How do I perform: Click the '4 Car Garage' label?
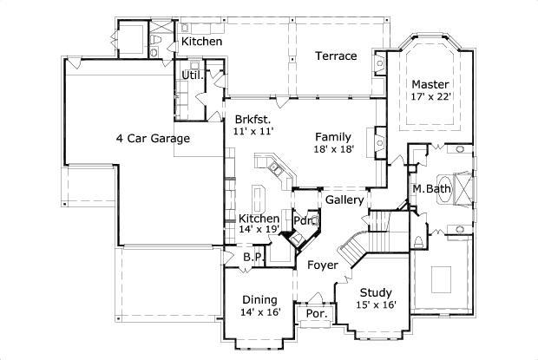tap(153, 137)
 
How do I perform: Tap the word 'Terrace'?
tap(335, 56)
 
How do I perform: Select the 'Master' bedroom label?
tap(430, 84)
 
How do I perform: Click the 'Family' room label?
tap(333, 136)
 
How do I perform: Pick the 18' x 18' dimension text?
tap(333, 149)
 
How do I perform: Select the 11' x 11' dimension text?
tap(253, 131)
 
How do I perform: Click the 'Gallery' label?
tap(344, 200)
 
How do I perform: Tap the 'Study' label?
tap(377, 292)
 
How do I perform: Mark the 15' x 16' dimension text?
tap(377, 304)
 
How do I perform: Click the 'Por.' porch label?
tap(316, 314)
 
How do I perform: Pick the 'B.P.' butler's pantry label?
tap(252, 257)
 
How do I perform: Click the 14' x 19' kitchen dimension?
tap(259, 230)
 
